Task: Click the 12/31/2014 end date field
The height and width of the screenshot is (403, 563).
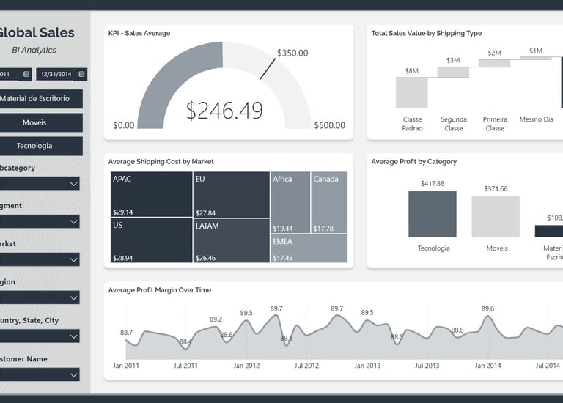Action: [x=62, y=74]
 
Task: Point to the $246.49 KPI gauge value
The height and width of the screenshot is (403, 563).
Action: [x=224, y=111]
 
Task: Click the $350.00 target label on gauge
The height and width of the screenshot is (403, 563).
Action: [x=292, y=53]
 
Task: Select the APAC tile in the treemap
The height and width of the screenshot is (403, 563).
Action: [x=151, y=194]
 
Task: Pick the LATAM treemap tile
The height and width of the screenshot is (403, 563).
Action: [x=232, y=240]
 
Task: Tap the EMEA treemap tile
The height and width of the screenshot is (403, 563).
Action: [x=309, y=248]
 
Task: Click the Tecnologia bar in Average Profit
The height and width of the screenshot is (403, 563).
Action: [x=433, y=214]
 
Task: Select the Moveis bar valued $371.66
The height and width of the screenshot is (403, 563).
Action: [x=496, y=216]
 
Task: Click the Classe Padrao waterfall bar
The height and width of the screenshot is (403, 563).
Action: [x=411, y=92]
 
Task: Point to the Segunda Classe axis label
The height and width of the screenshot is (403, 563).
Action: [x=454, y=124]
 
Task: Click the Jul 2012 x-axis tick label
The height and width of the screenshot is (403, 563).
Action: [x=306, y=365]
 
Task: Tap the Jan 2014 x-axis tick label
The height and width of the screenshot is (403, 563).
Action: [x=487, y=365]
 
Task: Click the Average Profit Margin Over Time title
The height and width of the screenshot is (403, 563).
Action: [x=160, y=290]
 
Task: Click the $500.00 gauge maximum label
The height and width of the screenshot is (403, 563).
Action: [x=329, y=125]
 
